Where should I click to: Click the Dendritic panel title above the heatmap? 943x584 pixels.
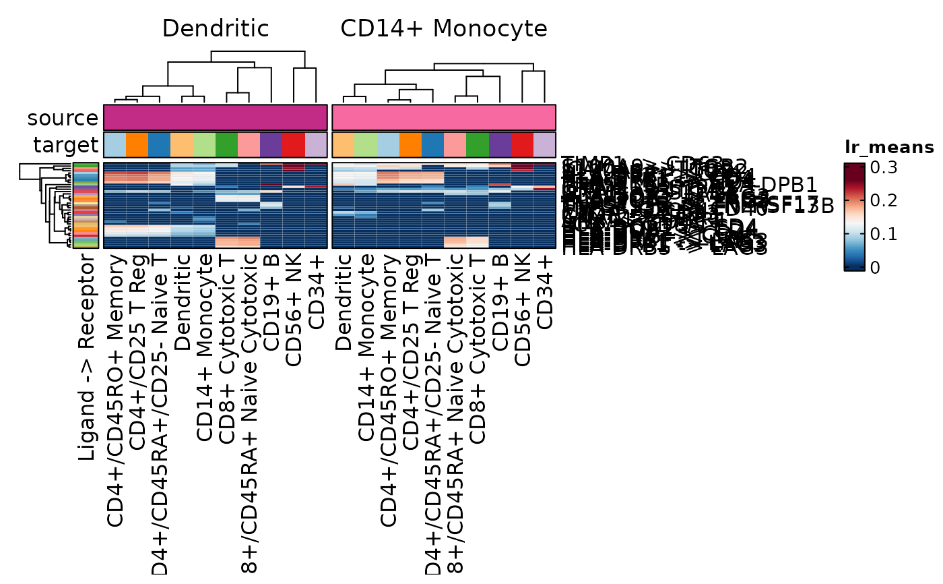(216, 29)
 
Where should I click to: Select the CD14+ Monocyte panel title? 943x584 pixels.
(444, 29)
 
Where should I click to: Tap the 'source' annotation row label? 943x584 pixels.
(63, 118)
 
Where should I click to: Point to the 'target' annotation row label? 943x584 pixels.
(65, 145)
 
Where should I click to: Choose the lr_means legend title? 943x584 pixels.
(889, 148)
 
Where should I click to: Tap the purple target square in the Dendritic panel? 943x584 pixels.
(271, 145)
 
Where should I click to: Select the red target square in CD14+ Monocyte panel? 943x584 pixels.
(523, 145)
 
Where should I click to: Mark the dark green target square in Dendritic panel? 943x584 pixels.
(227, 145)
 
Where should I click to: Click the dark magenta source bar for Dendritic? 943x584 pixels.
(216, 117)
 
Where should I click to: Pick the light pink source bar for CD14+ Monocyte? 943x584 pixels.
(444, 117)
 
